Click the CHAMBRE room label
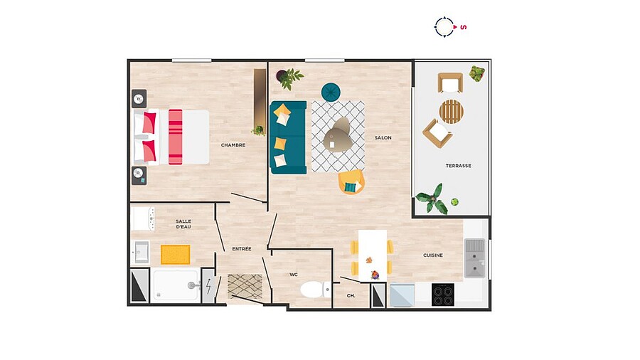pos(233,145)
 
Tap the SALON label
pos(383,138)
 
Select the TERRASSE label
pos(459,166)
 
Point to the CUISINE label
pos(432,255)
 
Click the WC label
pos(294,275)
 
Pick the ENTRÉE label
pos(242,248)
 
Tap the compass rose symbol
pos(444,27)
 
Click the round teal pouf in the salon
pos(331,92)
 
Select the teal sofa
pos(288,137)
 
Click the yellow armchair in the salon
pos(351,182)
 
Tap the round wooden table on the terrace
pos(452,112)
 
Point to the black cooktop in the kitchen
pos(443,295)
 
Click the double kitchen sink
pos(475,258)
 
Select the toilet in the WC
pos(316,290)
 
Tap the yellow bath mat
pos(176,255)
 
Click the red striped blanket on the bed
pos(176,137)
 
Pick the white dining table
pos(373,256)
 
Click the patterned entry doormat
pos(245,286)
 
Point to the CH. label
pos(351,295)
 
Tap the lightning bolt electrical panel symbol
pos(208,286)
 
